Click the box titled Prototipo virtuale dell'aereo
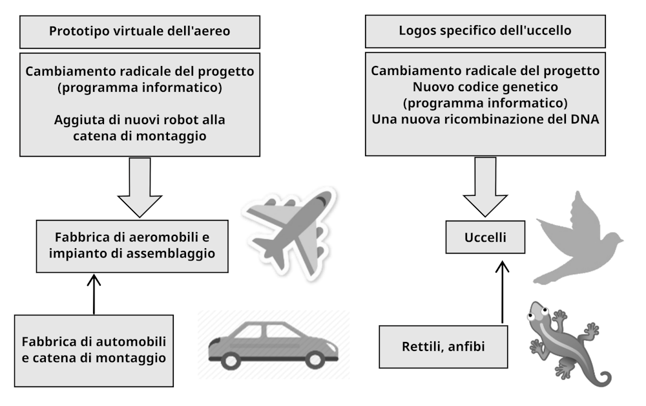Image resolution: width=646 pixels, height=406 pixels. click(140, 30)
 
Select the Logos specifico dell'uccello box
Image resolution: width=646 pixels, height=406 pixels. click(484, 30)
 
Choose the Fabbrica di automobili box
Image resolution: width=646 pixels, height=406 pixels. click(94, 349)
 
